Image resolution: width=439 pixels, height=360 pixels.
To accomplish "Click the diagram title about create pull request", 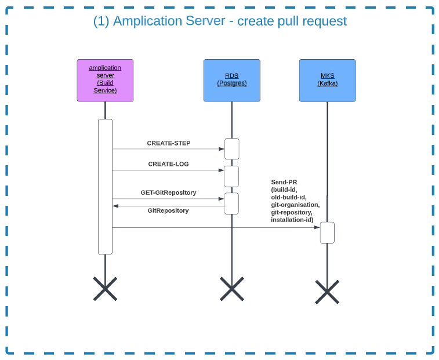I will (220, 21).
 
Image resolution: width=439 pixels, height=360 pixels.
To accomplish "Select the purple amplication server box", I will (105, 80).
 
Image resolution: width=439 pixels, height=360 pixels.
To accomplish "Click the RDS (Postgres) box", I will (231, 80).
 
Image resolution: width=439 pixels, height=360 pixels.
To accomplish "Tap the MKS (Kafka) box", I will (327, 80).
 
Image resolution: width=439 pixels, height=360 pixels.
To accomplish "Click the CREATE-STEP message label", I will (168, 143).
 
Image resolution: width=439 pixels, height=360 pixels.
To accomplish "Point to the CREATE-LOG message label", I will (168, 164).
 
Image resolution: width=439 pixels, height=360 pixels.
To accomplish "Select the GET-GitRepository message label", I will (168, 192).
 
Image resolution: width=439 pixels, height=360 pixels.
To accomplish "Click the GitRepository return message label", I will (168, 210).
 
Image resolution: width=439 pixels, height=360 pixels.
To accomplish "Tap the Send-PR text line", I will (284, 182).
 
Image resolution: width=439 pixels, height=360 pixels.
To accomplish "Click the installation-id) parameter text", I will (292, 220).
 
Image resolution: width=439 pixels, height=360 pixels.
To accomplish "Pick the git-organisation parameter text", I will (295, 205).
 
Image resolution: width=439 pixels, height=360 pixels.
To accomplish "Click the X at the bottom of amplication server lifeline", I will (105, 289).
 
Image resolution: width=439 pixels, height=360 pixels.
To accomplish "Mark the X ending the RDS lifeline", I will (231, 289).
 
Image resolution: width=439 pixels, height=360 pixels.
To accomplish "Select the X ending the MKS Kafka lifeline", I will (327, 292).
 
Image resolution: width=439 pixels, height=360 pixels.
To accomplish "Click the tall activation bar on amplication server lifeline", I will (105, 186).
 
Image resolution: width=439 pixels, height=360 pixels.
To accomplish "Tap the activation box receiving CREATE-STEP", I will (231, 148).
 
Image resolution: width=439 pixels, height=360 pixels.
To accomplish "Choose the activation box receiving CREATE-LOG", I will (231, 176).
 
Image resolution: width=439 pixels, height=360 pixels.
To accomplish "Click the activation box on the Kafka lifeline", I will (327, 232).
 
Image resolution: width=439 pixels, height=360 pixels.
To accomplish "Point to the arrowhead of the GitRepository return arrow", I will (115, 206).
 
